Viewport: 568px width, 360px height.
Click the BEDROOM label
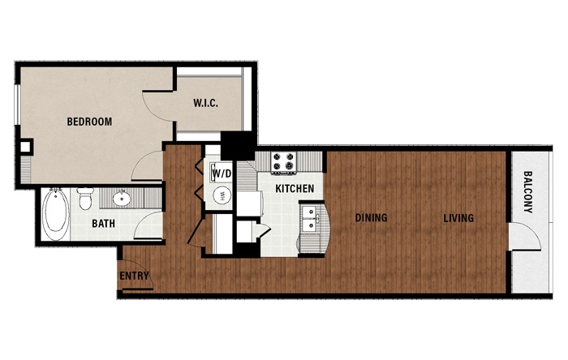89,122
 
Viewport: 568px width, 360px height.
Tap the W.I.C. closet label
206,103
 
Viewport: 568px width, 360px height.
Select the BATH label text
103,223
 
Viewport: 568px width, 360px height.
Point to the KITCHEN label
295,188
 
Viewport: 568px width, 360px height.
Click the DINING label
371,217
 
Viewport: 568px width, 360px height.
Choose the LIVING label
458,218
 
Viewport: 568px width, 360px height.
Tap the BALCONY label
528,192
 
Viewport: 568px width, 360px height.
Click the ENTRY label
134,276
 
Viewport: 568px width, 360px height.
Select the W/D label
222,174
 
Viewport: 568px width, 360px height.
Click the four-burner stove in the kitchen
284,161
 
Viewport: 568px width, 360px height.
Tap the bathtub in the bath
56,214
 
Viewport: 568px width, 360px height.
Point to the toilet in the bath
85,199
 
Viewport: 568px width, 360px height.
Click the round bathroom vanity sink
122,199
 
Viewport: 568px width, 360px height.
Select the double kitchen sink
310,219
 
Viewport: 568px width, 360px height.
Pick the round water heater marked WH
222,195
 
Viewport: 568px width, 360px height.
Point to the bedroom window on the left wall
17,105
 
